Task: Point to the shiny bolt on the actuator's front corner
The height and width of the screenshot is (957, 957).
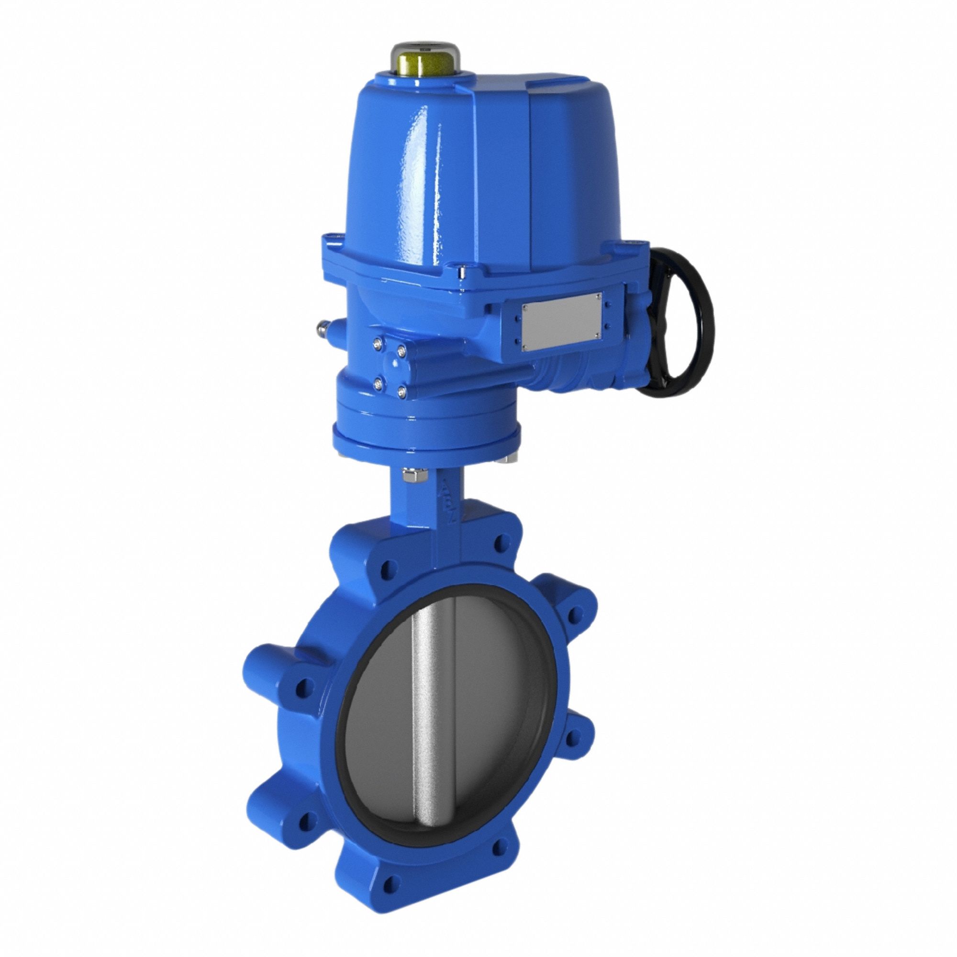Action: coord(462,272)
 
